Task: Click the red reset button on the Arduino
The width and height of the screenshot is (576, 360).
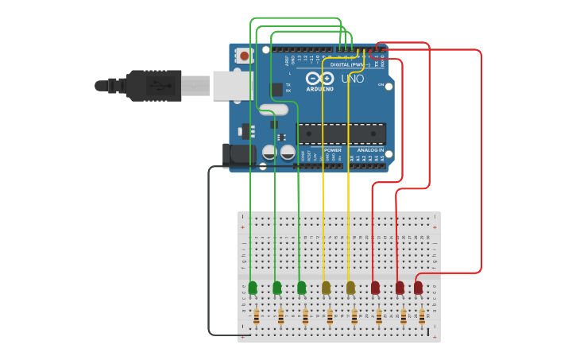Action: (x=244, y=56)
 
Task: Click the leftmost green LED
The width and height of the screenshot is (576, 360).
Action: (x=253, y=288)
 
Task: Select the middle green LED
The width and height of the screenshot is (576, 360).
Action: (x=276, y=288)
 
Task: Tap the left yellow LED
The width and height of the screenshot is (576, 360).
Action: (x=326, y=288)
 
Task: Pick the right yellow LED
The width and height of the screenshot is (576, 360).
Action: (x=350, y=288)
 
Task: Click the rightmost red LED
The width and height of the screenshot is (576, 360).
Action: (x=418, y=288)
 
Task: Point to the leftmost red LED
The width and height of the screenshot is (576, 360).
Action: (x=375, y=288)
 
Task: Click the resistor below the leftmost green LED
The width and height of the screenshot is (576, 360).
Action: (x=256, y=317)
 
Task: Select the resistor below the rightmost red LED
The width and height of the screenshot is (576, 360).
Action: (x=422, y=317)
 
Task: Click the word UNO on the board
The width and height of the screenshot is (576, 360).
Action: (x=353, y=79)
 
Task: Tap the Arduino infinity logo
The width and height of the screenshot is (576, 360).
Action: (x=320, y=79)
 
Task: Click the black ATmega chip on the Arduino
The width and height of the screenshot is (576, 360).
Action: (x=341, y=134)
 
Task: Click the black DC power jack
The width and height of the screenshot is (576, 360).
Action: (x=238, y=154)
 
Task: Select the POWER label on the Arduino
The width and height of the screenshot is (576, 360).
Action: (x=333, y=149)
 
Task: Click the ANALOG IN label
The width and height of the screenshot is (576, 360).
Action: (x=370, y=149)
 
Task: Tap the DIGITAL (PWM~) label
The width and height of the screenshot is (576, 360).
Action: (x=350, y=64)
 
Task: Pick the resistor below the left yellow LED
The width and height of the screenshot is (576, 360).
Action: (x=330, y=317)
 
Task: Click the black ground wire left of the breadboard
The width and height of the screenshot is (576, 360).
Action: (x=209, y=254)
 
